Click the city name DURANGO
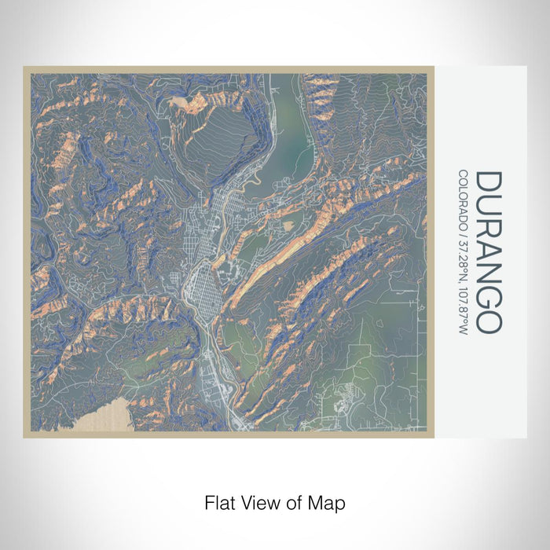tap(487, 251)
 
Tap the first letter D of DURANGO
tap(487, 182)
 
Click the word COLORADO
tap(463, 197)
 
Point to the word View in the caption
tap(258, 501)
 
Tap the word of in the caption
tap(292, 501)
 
